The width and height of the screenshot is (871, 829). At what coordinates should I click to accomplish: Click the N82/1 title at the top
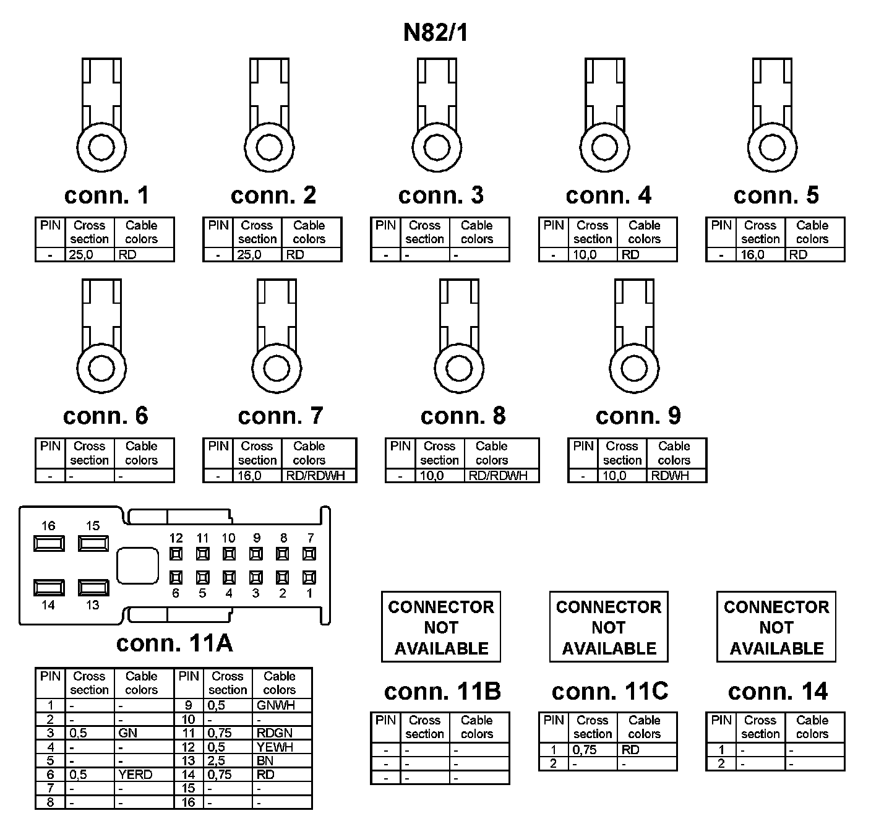point(435,33)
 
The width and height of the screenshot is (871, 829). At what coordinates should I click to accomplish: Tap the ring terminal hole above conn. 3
point(436,148)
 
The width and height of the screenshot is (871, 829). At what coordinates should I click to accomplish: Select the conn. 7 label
point(280,416)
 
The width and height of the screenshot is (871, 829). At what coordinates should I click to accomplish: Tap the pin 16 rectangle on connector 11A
point(49,543)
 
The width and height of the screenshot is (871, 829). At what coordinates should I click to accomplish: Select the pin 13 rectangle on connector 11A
point(93,587)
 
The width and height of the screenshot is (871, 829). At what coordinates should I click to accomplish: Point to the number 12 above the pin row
point(176,538)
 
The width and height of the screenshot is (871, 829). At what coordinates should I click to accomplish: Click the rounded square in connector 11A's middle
point(137,565)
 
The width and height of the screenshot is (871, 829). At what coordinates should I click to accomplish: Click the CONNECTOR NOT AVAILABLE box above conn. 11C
point(609,627)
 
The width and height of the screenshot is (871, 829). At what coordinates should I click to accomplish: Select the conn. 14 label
point(778,691)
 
